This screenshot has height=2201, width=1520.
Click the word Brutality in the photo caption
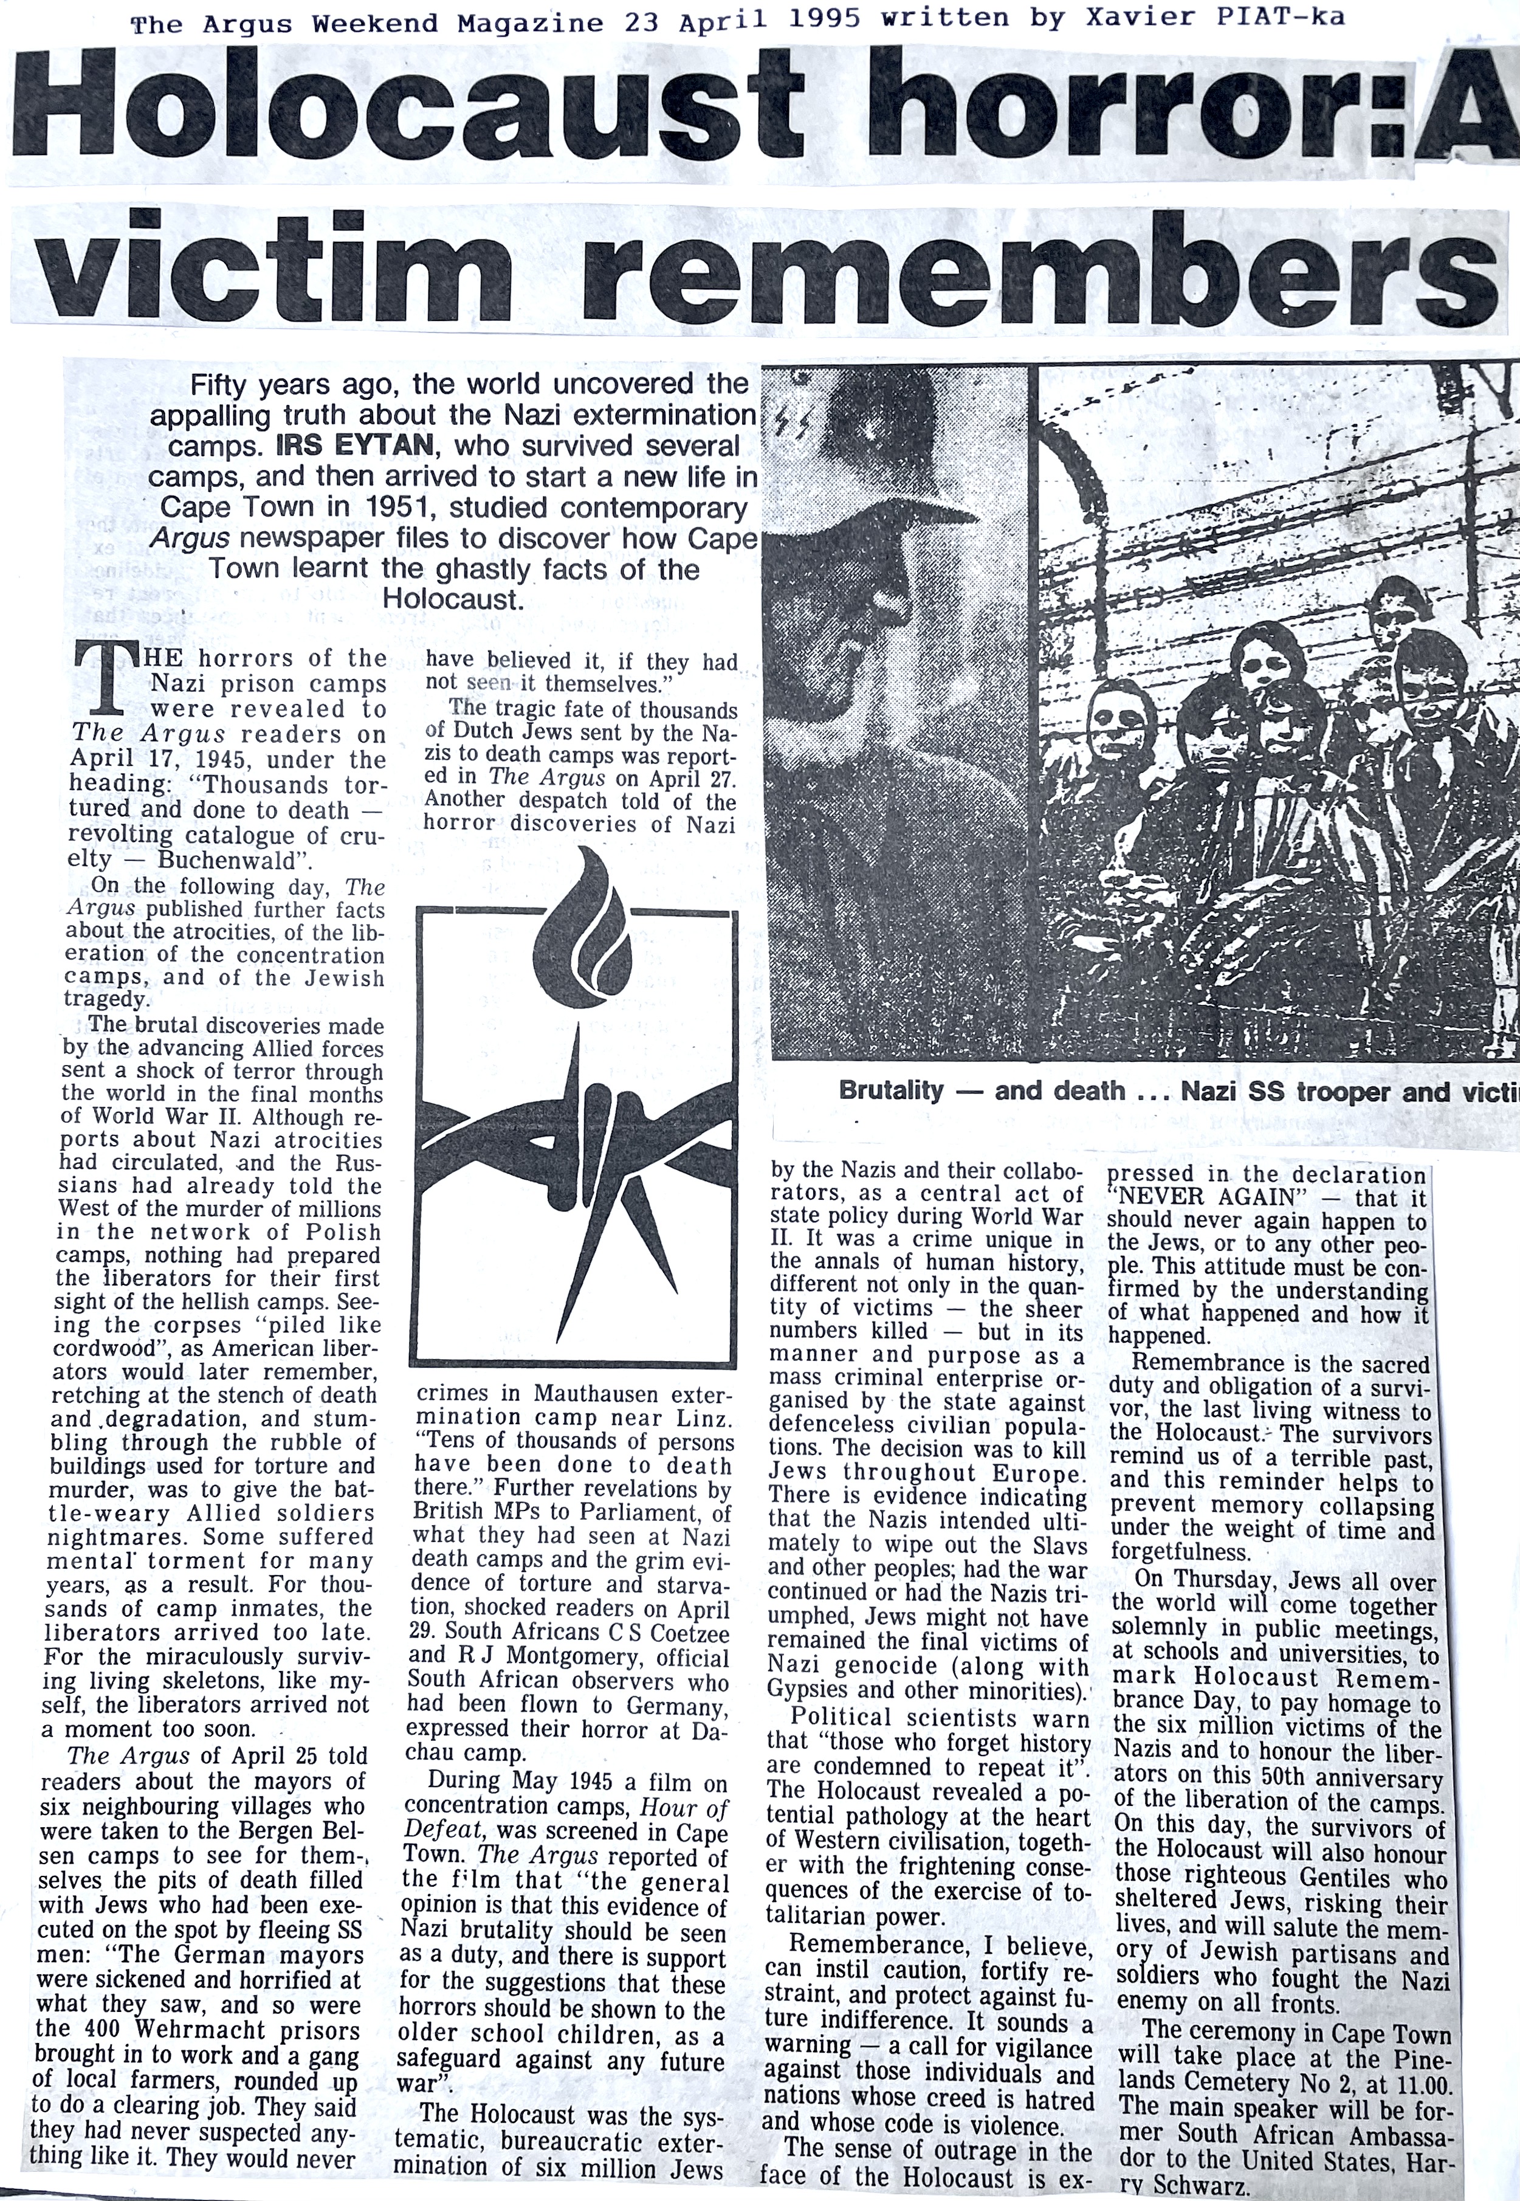[x=890, y=1090]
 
